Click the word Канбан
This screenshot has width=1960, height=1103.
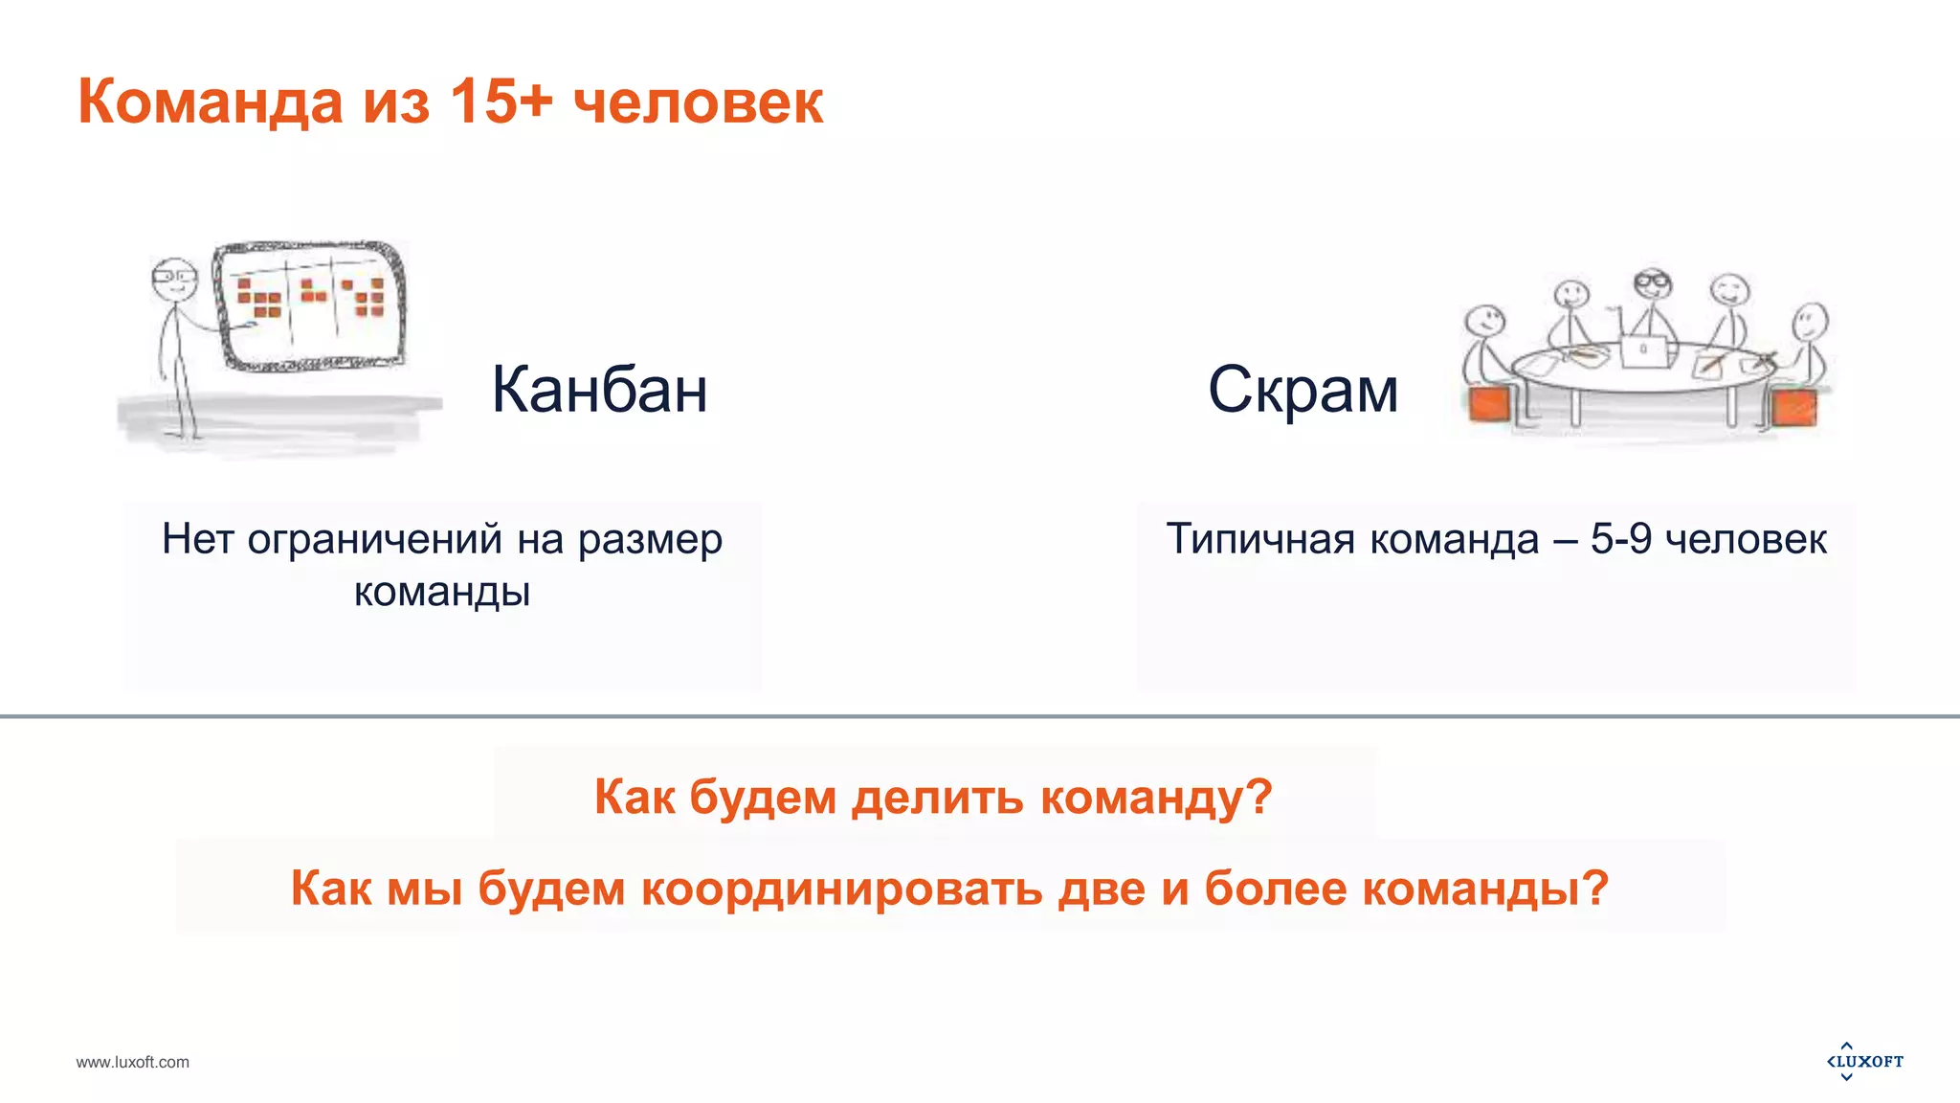pos(599,390)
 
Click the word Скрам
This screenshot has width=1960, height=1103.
pos(1303,390)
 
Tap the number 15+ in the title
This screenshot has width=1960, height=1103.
pos(501,101)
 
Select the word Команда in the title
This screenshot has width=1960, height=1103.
pos(210,102)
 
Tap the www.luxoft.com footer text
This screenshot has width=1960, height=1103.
pos(133,1062)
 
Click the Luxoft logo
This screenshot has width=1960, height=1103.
pos(1864,1061)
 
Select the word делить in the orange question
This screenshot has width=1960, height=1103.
pos(937,798)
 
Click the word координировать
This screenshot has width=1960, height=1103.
pos(842,889)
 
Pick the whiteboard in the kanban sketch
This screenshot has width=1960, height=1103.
pos(309,304)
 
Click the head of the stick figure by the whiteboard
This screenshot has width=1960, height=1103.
pos(173,276)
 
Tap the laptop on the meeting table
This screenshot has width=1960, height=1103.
pos(1644,350)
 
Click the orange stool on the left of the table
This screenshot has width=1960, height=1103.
pos(1489,404)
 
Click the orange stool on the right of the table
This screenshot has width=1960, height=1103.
pos(1793,407)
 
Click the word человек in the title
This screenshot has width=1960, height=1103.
pos(698,102)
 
